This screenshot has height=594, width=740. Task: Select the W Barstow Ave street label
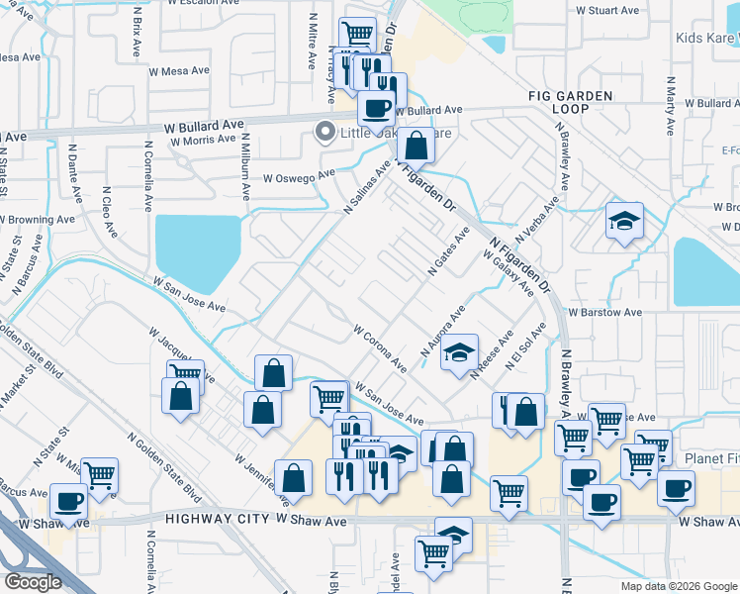pyautogui.click(x=603, y=312)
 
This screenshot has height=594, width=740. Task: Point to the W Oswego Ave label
pyautogui.click(x=294, y=178)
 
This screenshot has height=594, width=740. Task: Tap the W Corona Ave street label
pyautogui.click(x=380, y=347)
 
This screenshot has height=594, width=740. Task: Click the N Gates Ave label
pyautogui.click(x=447, y=251)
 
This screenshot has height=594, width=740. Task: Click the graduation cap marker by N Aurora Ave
pyautogui.click(x=459, y=353)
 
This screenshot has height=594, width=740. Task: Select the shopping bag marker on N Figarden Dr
pyautogui.click(x=417, y=146)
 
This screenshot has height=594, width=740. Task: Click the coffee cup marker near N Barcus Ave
pyautogui.click(x=68, y=503)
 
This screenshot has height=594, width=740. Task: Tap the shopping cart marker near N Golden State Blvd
pyautogui.click(x=99, y=475)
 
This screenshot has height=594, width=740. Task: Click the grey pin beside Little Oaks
pyautogui.click(x=324, y=132)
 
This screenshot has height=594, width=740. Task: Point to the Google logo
pyautogui.click(x=33, y=582)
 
